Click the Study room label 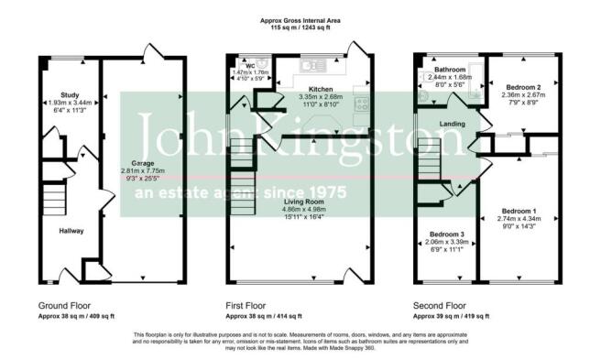[x=70, y=94]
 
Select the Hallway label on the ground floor [x=71, y=230]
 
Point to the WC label [x=248, y=66]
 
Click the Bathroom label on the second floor [x=451, y=71]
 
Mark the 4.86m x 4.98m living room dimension [x=304, y=211]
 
